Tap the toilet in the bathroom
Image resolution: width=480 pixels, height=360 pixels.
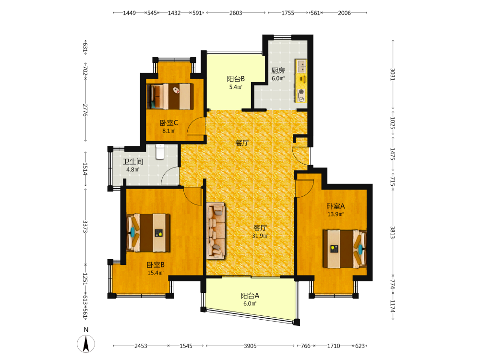[x=160, y=152]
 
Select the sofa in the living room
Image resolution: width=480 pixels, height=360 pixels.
[x=216, y=231]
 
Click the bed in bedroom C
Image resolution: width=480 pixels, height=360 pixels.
[x=170, y=96]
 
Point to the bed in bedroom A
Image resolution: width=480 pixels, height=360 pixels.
[x=345, y=249]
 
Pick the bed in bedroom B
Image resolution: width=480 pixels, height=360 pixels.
[x=148, y=233]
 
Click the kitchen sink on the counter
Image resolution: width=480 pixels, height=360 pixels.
[x=301, y=67]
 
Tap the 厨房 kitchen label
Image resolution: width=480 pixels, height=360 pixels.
[x=278, y=71]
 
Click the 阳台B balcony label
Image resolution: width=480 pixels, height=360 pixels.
[x=236, y=79]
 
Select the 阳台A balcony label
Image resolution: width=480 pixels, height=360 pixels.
[x=250, y=296]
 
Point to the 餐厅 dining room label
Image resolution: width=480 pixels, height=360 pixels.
[x=242, y=143]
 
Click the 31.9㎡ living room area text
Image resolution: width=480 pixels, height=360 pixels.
[x=260, y=236]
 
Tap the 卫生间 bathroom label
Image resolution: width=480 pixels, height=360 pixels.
[x=133, y=162]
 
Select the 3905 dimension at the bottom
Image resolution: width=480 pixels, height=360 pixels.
[x=250, y=346]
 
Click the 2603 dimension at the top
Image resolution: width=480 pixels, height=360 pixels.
[x=236, y=13]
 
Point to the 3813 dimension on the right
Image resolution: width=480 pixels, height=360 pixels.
[x=393, y=232]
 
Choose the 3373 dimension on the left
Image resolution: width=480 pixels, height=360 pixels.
[x=85, y=227]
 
